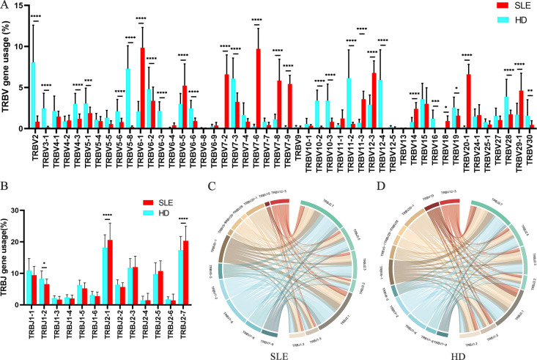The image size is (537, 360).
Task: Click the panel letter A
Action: click(x=6, y=6)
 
